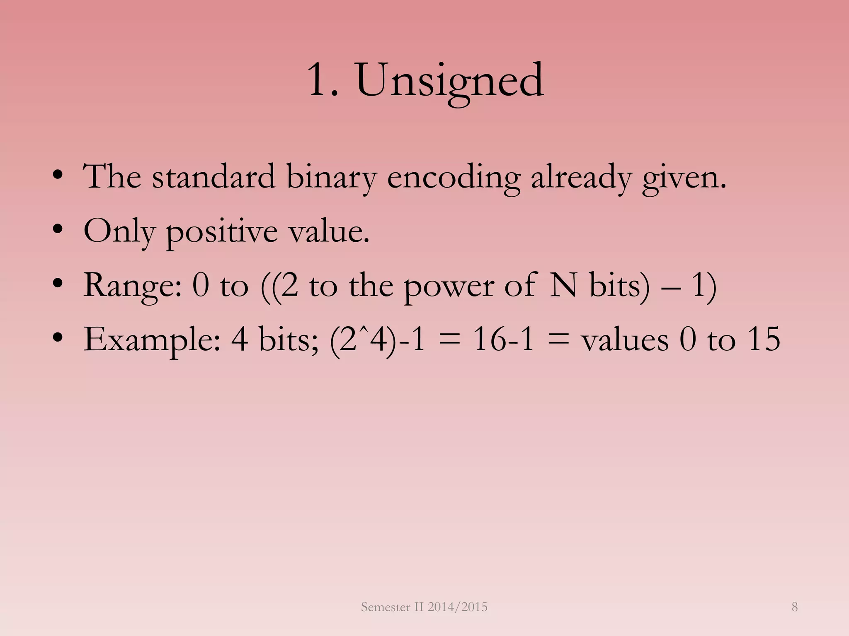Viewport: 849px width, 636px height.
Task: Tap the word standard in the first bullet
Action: (213, 177)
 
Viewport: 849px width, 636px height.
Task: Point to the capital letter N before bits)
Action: (563, 286)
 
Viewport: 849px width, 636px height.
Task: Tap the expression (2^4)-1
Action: (378, 340)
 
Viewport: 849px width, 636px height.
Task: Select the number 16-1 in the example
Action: (503, 340)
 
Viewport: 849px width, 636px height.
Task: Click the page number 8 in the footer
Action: (794, 607)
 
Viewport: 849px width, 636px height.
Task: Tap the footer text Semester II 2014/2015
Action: (424, 607)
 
